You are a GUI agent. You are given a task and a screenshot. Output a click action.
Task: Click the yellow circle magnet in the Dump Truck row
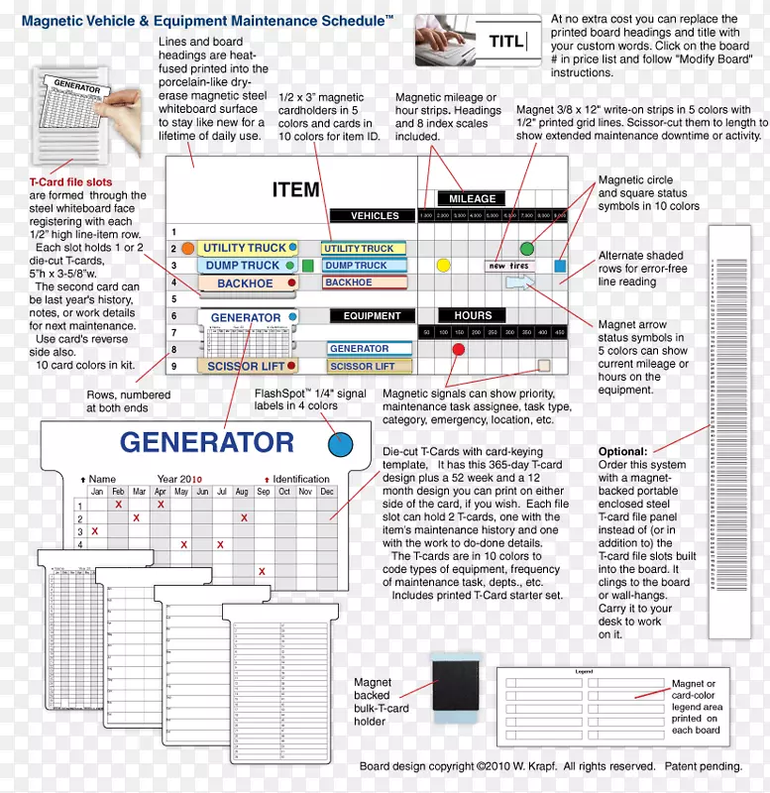point(443,266)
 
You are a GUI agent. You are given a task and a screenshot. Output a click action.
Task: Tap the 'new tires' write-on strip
point(509,266)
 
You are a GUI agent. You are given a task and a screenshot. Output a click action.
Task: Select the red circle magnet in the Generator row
point(458,349)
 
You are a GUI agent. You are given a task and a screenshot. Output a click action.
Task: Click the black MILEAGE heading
point(472,198)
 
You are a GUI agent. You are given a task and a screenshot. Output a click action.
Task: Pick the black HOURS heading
point(473,315)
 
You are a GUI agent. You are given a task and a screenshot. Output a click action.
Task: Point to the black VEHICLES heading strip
point(375,215)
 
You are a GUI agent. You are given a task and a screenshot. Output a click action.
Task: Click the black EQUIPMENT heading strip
point(372,316)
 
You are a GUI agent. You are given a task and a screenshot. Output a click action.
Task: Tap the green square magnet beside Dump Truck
point(307,266)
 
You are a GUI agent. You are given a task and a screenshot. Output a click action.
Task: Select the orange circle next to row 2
point(187,248)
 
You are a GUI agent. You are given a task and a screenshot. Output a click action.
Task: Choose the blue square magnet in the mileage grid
point(560,266)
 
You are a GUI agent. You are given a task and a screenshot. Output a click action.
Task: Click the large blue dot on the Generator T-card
point(340,444)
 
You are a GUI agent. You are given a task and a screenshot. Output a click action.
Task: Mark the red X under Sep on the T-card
point(262,571)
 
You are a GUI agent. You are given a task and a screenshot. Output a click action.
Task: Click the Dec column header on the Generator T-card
point(327,492)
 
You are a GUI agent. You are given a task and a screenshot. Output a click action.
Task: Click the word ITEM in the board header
point(295,189)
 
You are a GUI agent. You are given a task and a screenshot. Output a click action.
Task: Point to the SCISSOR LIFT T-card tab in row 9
point(246,366)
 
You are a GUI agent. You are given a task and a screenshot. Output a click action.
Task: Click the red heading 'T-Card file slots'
point(70,182)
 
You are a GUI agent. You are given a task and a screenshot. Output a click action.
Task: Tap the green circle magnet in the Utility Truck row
point(526,248)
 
